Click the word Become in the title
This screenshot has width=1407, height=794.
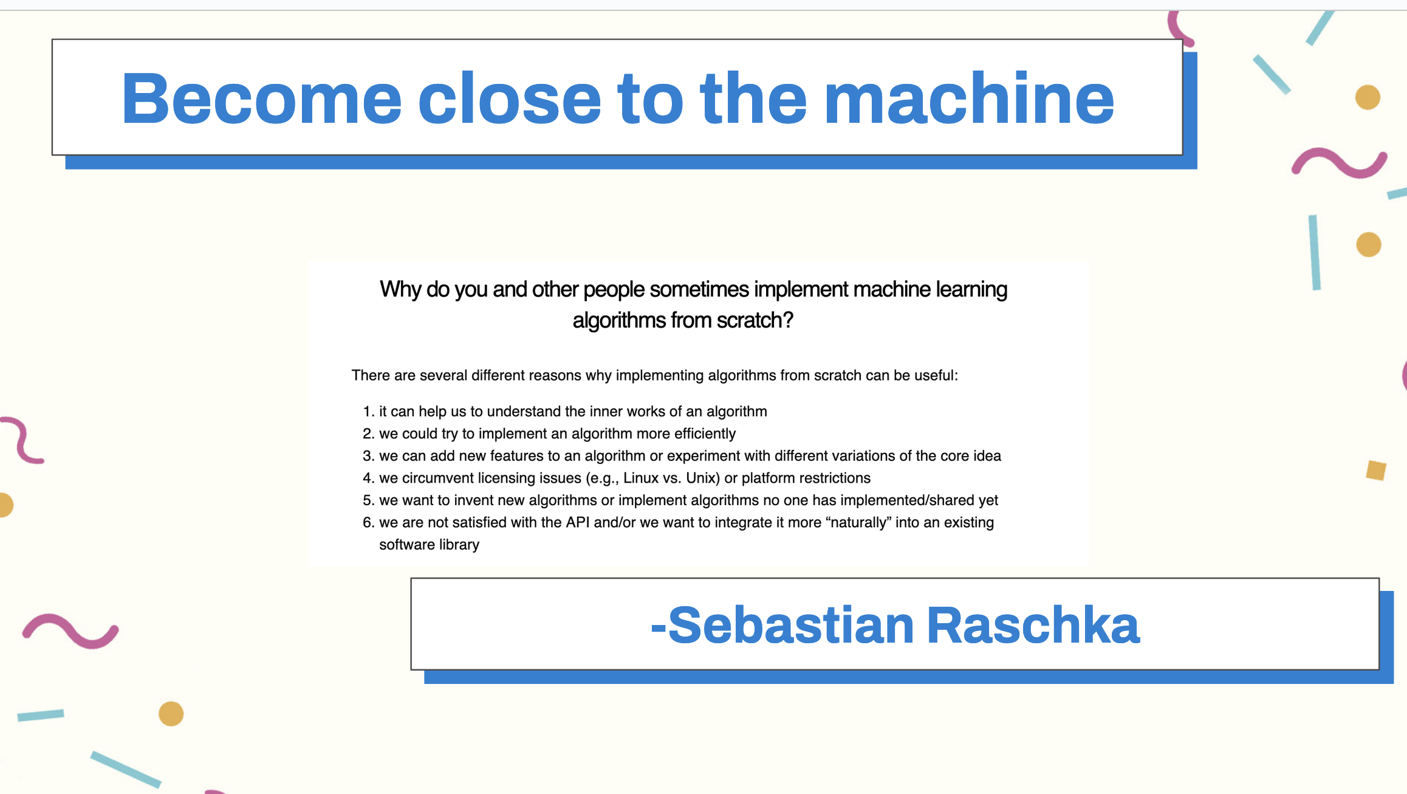[x=262, y=98]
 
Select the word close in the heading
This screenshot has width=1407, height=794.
[x=510, y=98]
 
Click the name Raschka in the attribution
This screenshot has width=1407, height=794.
[x=1033, y=625]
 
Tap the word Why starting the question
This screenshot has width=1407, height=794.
[x=400, y=290]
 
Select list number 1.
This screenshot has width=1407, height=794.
[x=369, y=412]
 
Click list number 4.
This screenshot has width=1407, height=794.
[x=369, y=478]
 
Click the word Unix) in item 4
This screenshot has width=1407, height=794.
[x=703, y=478]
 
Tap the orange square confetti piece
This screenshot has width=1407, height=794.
[x=1376, y=470]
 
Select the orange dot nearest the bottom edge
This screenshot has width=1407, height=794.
[x=171, y=714]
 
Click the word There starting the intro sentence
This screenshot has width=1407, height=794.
[x=371, y=376]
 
